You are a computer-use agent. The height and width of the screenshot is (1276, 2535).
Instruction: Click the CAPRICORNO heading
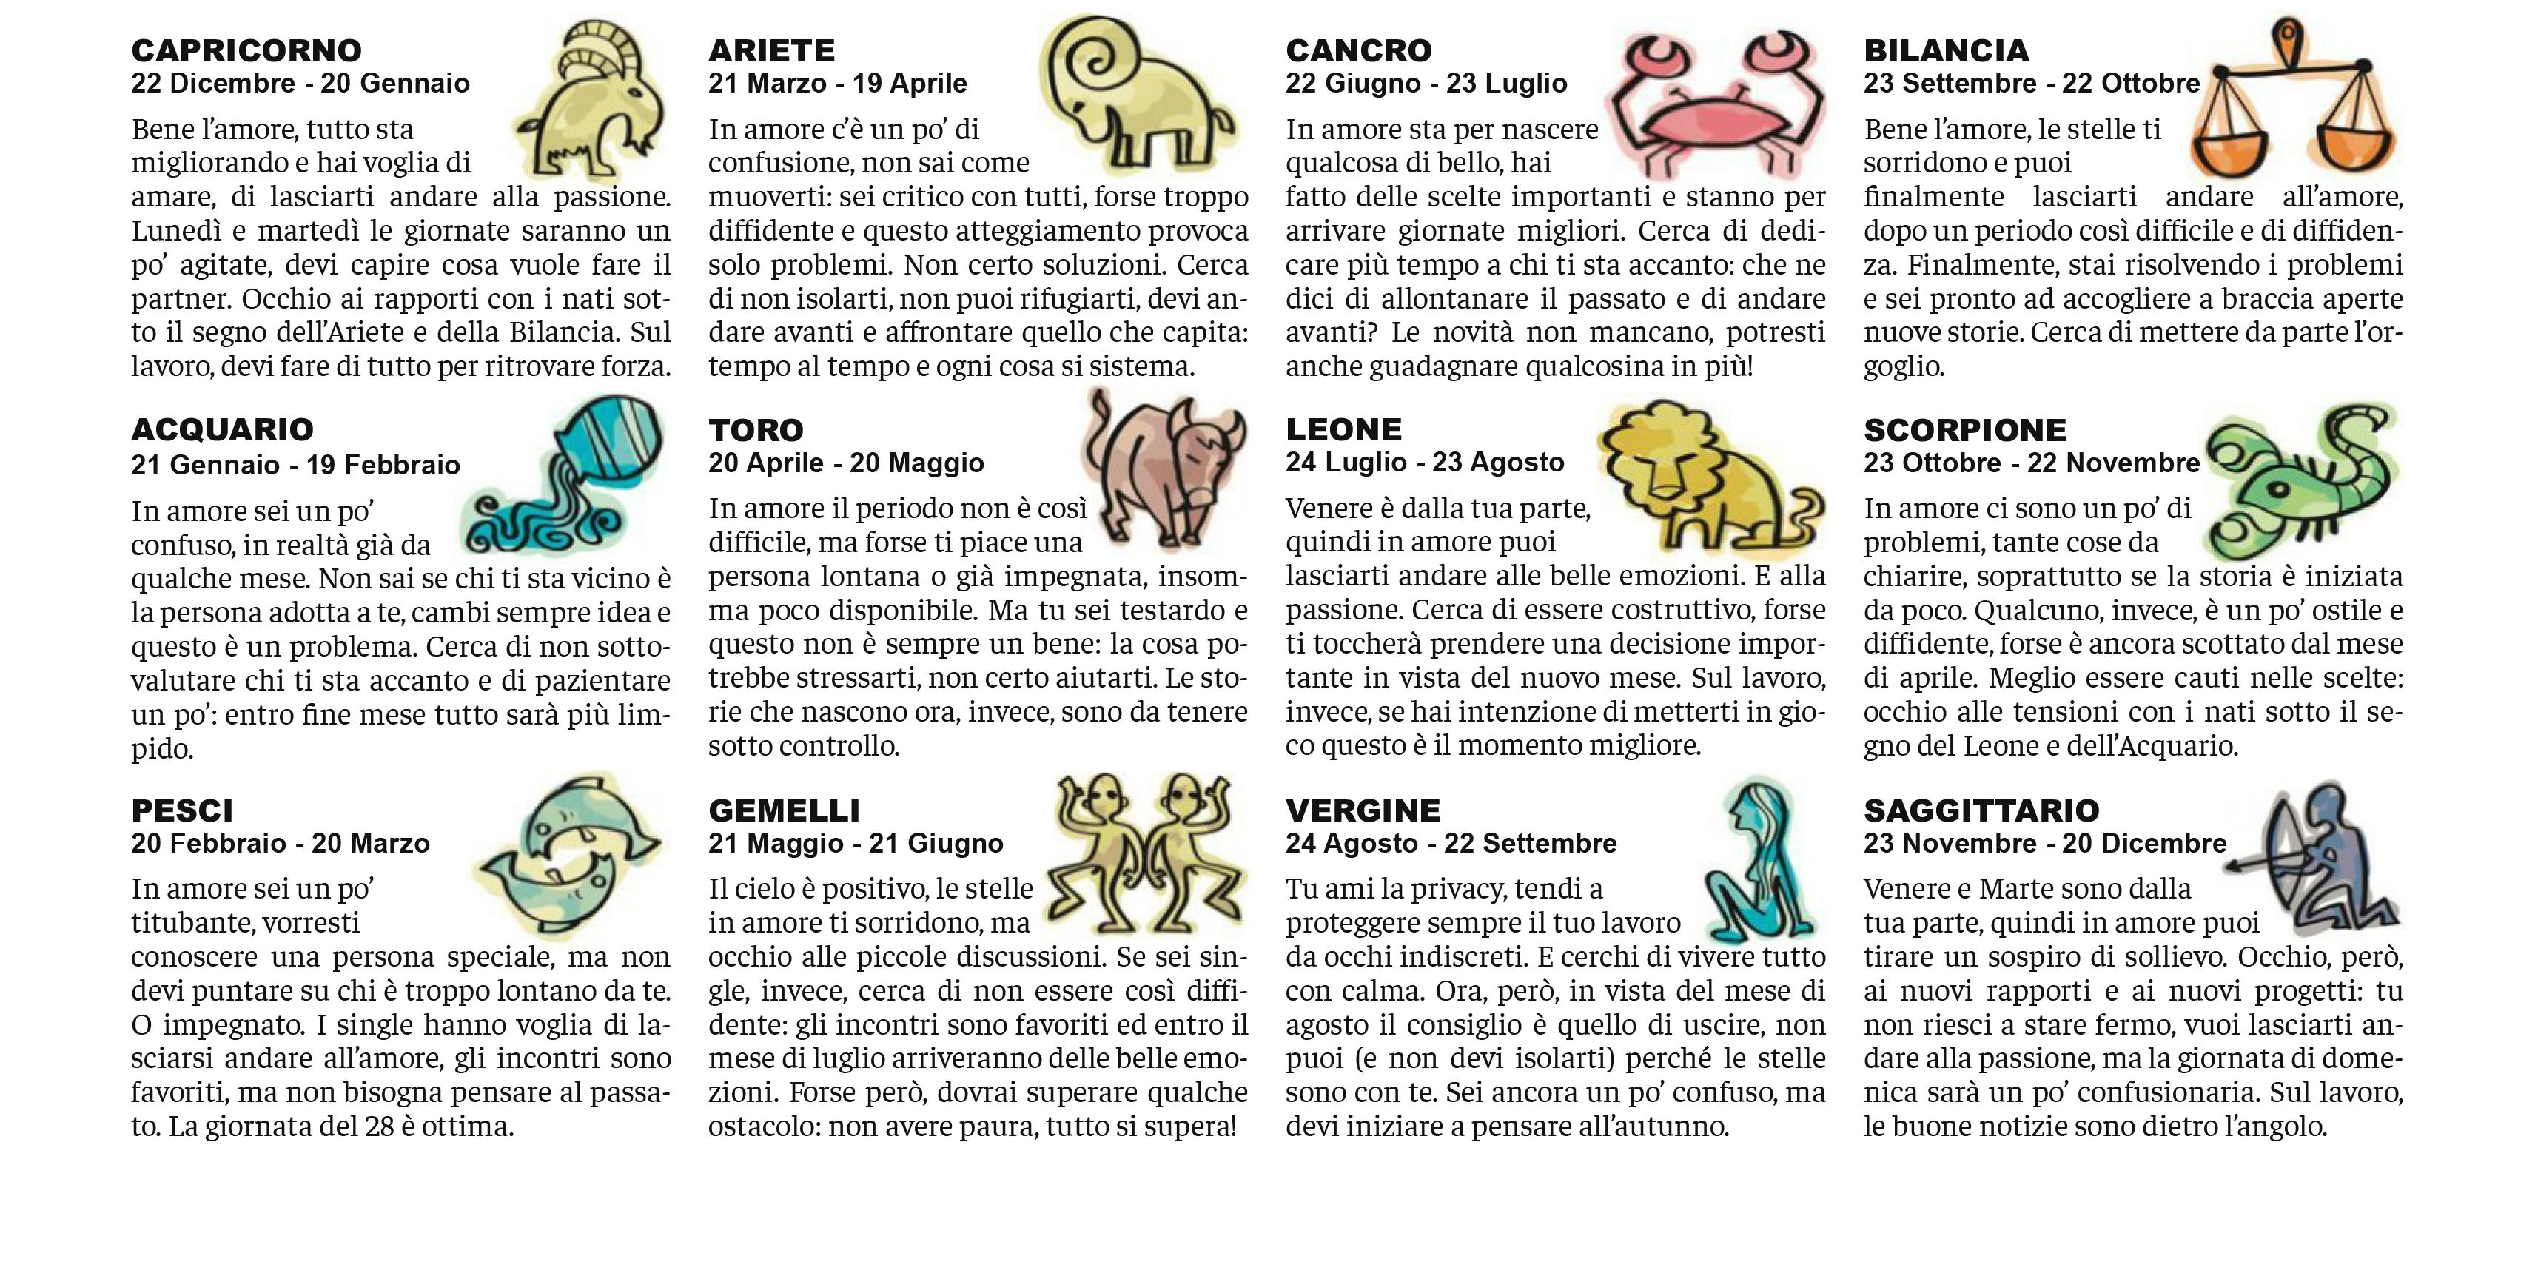point(246,50)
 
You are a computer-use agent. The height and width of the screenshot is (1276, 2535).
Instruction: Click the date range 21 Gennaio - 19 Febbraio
point(295,464)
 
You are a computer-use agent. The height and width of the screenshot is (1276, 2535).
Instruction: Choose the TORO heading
point(756,430)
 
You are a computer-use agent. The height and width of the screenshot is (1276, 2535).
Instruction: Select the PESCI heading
point(182,810)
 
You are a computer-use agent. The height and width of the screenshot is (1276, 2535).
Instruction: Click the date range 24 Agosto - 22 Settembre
point(1451,843)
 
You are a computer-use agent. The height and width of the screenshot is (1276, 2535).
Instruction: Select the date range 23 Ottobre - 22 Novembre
point(2031,463)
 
